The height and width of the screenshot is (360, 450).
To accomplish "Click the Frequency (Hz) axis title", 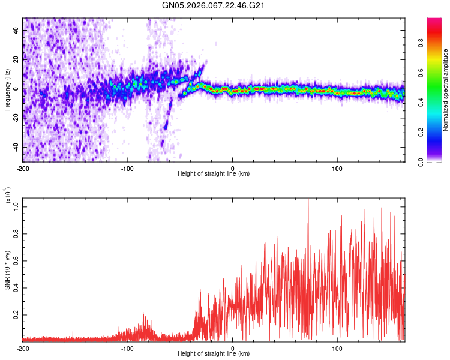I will [x=7, y=90].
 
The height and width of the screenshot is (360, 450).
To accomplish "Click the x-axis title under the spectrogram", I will [x=214, y=174].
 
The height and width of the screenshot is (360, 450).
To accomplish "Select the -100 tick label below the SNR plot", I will [x=128, y=349].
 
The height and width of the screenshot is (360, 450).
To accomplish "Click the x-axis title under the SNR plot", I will [x=214, y=355].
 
